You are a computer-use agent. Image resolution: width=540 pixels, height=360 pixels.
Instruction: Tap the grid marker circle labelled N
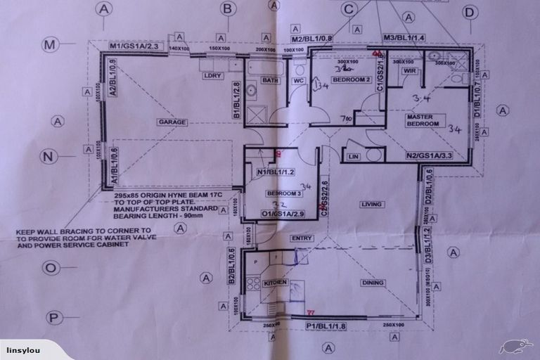tap(49, 156)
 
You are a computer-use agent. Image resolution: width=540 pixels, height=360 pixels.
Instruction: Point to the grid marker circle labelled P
tap(55, 317)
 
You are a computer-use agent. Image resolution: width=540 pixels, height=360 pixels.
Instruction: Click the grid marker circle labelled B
tap(227, 8)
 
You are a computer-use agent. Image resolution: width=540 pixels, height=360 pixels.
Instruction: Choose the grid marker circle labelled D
tap(470, 11)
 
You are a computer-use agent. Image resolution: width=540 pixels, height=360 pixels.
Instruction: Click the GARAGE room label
tap(172, 122)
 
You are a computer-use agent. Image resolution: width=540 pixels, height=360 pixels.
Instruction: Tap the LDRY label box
tap(211, 75)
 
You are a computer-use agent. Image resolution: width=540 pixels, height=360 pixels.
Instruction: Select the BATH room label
tap(271, 80)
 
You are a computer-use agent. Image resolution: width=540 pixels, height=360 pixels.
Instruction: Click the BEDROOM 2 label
tap(352, 80)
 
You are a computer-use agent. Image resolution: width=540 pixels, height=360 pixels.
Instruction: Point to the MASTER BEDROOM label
tap(423, 120)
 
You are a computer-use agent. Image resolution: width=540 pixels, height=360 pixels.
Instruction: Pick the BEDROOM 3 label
tap(284, 193)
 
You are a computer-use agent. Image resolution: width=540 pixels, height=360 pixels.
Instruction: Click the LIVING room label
tap(371, 205)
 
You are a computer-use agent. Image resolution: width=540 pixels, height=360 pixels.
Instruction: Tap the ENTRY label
tap(302, 238)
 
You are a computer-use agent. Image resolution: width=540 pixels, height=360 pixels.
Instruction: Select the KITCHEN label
tap(276, 282)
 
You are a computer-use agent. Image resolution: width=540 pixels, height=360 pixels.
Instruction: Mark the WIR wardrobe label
tap(411, 71)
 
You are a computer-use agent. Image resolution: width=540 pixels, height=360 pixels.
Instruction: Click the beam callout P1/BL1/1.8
tap(328, 326)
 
